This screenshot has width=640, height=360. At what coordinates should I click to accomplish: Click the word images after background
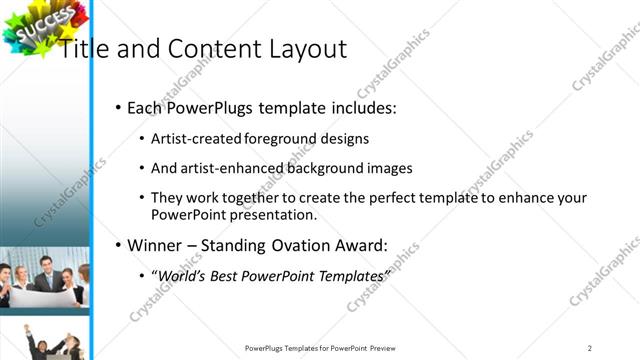click(386, 169)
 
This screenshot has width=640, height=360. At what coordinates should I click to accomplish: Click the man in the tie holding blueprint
click(44, 274)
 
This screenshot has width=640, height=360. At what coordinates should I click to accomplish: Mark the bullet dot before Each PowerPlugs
click(119, 107)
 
